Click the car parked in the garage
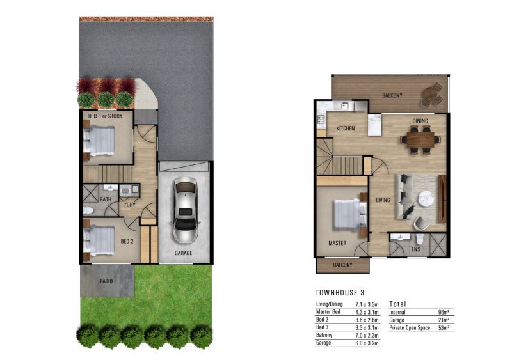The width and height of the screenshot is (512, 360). [x=185, y=210]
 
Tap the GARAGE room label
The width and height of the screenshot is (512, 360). [x=183, y=253]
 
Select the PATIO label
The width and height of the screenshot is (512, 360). [x=106, y=281]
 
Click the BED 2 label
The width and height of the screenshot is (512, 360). [x=127, y=242]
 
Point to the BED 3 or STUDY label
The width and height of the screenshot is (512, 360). [x=105, y=116]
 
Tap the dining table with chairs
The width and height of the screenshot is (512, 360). [x=420, y=139]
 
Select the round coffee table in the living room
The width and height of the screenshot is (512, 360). [x=426, y=199]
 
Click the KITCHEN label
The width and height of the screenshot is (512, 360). [x=346, y=129]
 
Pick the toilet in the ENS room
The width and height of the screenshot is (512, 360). [x=420, y=239]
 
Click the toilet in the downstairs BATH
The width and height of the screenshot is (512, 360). [x=88, y=210]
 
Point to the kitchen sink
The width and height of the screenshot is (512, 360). [x=344, y=106]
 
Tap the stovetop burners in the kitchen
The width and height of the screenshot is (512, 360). [x=321, y=120]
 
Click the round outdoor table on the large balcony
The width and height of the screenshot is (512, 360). [x=431, y=94]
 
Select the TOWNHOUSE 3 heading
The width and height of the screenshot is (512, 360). [x=340, y=293]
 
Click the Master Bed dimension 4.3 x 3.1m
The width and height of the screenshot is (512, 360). [x=367, y=312]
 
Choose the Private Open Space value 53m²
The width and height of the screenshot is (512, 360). [x=444, y=328]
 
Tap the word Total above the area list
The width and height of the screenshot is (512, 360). [x=397, y=304]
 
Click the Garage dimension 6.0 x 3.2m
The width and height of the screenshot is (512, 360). [x=367, y=343]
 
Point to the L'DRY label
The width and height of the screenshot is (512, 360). [x=129, y=205]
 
